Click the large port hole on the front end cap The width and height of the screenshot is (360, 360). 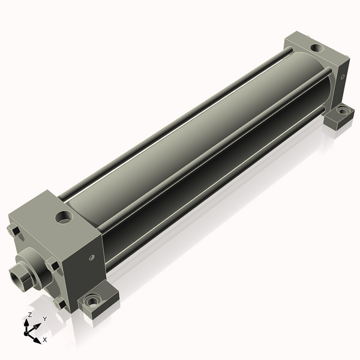(x=64, y=217)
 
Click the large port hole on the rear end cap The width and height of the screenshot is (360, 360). (x=317, y=48)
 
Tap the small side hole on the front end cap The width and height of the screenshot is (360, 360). (x=92, y=257)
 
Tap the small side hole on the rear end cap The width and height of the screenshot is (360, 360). (x=343, y=77)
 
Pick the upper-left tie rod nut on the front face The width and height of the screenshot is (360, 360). (x=14, y=230)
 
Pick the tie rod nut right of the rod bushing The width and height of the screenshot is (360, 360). (x=52, y=265)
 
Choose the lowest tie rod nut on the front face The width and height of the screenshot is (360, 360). (x=59, y=303)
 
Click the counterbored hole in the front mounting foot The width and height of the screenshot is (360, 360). (x=92, y=301)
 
